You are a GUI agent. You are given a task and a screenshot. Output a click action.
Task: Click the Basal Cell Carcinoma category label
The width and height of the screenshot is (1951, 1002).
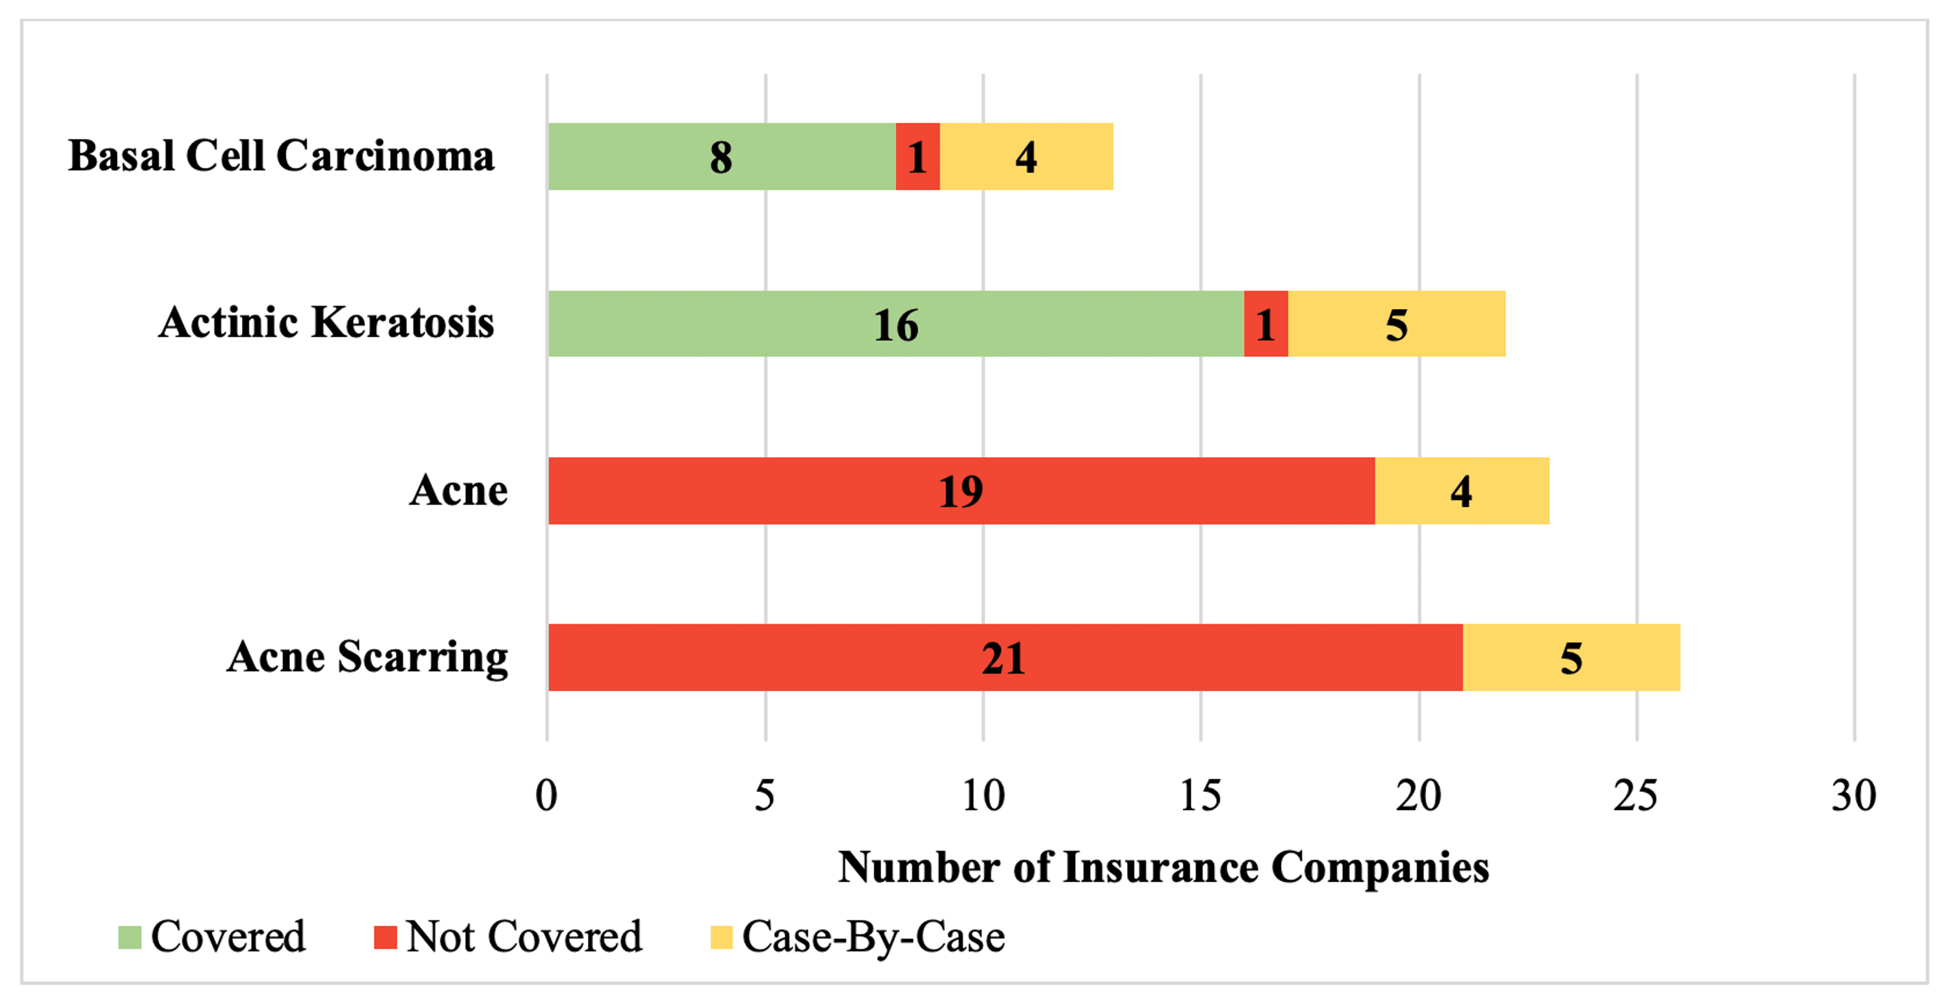click(281, 156)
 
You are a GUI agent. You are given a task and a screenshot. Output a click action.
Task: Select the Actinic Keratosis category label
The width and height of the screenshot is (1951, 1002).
click(326, 323)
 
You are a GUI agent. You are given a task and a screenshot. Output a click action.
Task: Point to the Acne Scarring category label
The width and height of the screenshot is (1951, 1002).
click(367, 657)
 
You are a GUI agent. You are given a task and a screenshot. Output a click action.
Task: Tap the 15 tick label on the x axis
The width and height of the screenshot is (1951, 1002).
click(1201, 796)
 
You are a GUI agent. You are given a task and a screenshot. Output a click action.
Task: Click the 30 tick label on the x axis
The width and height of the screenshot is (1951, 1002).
click(1853, 796)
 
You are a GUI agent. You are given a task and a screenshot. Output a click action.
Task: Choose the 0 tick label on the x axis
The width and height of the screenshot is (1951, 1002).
click(546, 796)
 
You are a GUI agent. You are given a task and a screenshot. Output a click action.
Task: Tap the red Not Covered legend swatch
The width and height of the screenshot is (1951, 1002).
click(386, 937)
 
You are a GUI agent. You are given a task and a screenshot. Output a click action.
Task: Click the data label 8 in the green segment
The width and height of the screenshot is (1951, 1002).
click(721, 157)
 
